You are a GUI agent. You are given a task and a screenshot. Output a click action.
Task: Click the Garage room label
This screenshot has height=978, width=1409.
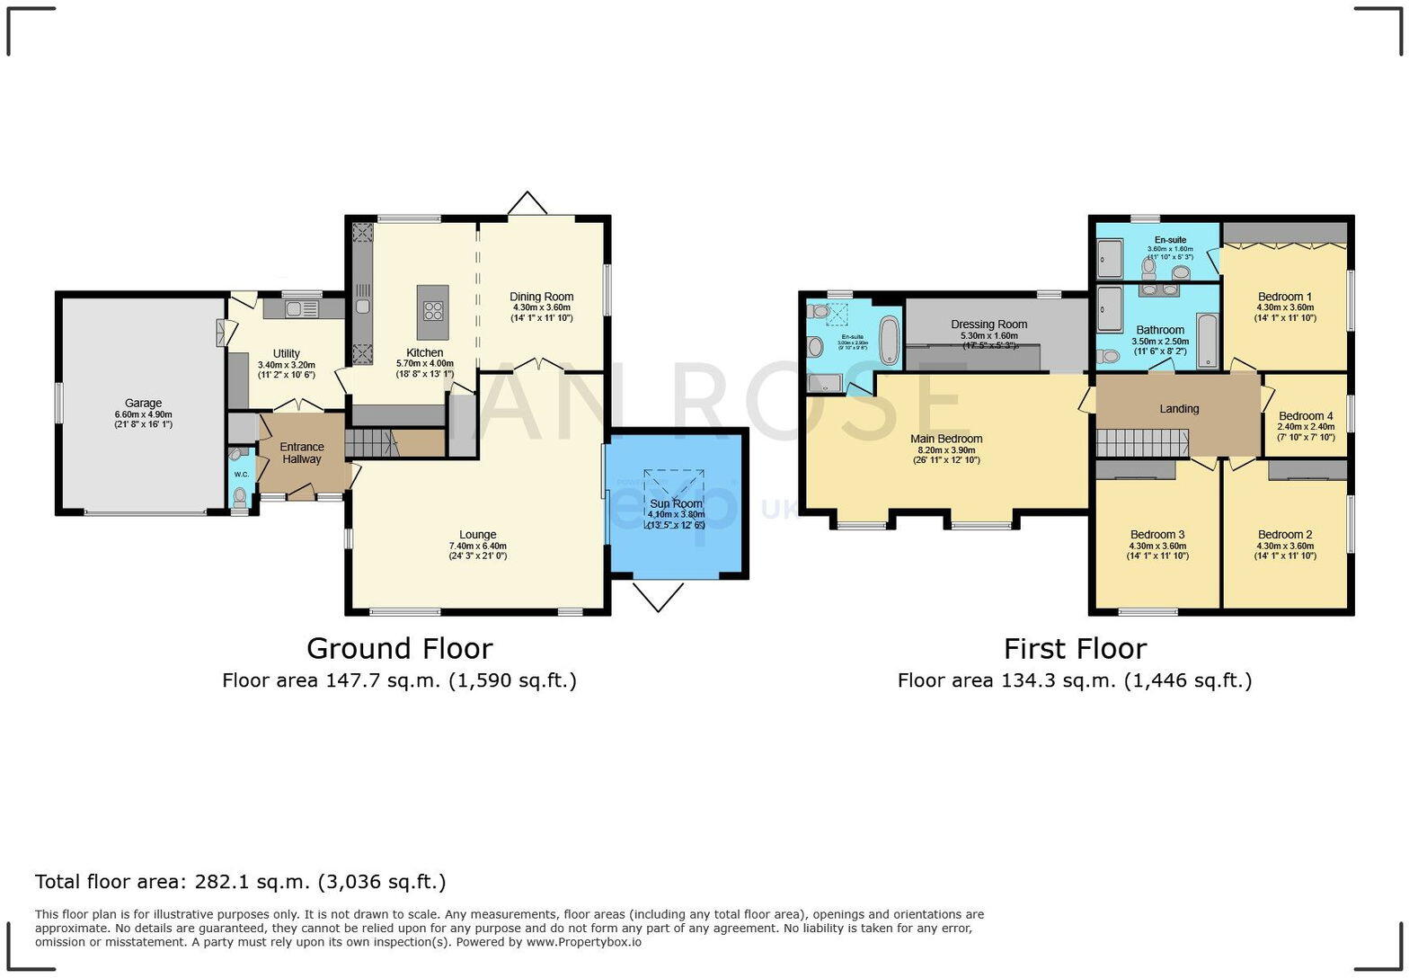point(143,404)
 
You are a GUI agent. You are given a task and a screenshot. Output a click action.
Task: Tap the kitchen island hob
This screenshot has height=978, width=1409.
point(433,311)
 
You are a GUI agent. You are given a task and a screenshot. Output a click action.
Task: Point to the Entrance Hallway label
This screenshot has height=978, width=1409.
point(302,453)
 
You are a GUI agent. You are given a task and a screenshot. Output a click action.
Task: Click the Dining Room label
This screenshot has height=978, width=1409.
point(541,297)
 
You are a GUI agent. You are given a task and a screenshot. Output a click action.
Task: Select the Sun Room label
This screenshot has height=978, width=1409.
point(676,504)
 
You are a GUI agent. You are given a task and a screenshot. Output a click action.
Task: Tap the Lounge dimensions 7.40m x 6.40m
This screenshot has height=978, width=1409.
point(478,546)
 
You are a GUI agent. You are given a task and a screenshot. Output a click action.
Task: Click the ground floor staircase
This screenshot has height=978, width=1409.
point(371,442)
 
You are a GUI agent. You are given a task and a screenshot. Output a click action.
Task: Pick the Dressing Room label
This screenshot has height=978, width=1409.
point(988,325)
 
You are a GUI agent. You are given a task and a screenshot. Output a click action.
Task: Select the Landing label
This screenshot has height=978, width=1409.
point(1179,409)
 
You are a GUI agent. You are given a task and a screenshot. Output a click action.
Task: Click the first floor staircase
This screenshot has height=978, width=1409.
point(1141,442)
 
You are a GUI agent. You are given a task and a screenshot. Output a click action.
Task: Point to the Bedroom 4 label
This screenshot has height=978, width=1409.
point(1306,416)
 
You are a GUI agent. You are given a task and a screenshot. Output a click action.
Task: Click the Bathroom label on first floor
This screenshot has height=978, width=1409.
point(1159,330)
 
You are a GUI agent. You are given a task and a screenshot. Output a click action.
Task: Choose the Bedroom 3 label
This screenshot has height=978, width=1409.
point(1157,535)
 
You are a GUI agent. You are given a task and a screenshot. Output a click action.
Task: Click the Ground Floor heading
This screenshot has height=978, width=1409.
point(399,648)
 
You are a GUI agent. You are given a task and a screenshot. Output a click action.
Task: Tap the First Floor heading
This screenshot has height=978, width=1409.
point(1075,648)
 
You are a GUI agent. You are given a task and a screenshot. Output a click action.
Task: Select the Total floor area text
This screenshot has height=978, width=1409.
point(240,882)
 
